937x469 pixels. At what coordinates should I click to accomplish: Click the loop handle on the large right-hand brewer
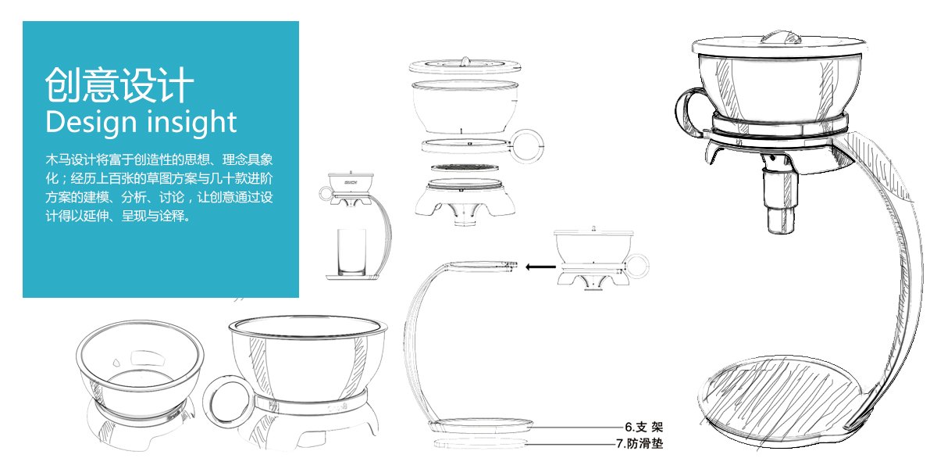pyautogui.click(x=688, y=113)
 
